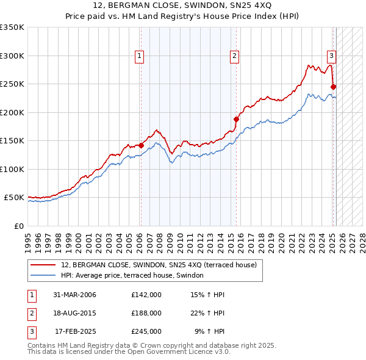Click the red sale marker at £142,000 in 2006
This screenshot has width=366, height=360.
pos(141,145)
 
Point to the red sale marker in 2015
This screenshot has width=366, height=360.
pos(235,119)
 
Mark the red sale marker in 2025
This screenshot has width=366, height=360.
pos(334,87)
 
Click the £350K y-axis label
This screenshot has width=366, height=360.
pos(12,27)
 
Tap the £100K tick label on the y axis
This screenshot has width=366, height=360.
pos(12,169)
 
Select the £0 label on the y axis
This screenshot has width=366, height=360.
pos(18,226)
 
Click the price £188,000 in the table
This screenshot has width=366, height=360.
pos(146,313)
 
